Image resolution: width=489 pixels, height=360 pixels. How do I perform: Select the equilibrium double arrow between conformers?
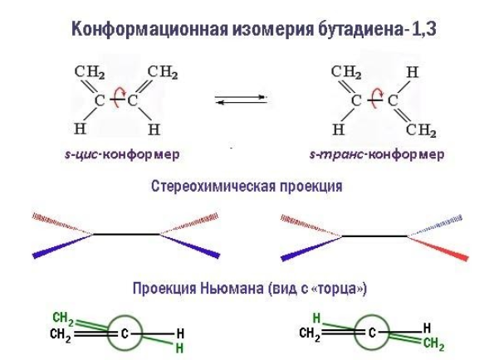pyautogui.click(x=241, y=100)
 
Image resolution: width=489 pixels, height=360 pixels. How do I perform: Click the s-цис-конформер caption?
pyautogui.click(x=122, y=154)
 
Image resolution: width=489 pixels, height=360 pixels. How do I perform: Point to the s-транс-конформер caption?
pyautogui.click(x=377, y=154)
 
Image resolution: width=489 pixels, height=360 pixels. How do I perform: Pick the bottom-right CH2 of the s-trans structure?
pyautogui.click(x=421, y=130)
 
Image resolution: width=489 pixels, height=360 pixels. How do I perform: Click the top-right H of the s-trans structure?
pyautogui.click(x=413, y=72)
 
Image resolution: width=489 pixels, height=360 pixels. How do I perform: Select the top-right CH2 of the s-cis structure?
pyautogui.click(x=163, y=72)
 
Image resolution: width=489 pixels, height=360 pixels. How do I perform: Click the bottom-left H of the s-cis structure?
pyautogui.click(x=81, y=129)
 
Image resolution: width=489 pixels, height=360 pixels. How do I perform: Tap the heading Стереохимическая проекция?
pyautogui.click(x=247, y=187)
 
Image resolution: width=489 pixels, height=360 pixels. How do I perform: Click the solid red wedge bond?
pyautogui.click(x=438, y=248)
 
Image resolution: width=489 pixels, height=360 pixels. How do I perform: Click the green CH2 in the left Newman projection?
pyautogui.click(x=63, y=318)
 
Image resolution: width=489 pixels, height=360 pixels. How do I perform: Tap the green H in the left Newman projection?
pyautogui.click(x=179, y=348)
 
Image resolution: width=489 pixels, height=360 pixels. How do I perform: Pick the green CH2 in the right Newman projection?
pyautogui.click(x=433, y=344)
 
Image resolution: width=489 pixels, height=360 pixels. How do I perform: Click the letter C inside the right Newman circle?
pyautogui.click(x=372, y=333)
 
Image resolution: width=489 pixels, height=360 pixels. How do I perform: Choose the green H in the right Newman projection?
pyautogui.click(x=316, y=319)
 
